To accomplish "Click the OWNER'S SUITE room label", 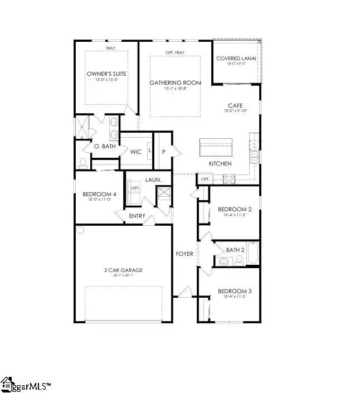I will click(106, 74).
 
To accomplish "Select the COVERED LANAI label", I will click(236, 59).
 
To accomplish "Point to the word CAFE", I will click(235, 105).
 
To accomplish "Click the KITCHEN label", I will click(220, 163).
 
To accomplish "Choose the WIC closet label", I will click(135, 151).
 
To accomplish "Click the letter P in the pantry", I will click(164, 151).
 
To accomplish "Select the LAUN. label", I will click(153, 179).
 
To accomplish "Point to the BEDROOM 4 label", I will click(98, 194).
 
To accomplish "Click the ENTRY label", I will click(137, 216).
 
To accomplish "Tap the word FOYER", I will click(184, 254).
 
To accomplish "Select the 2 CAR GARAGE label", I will click(124, 270).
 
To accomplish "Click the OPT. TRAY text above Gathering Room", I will click(175, 53).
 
